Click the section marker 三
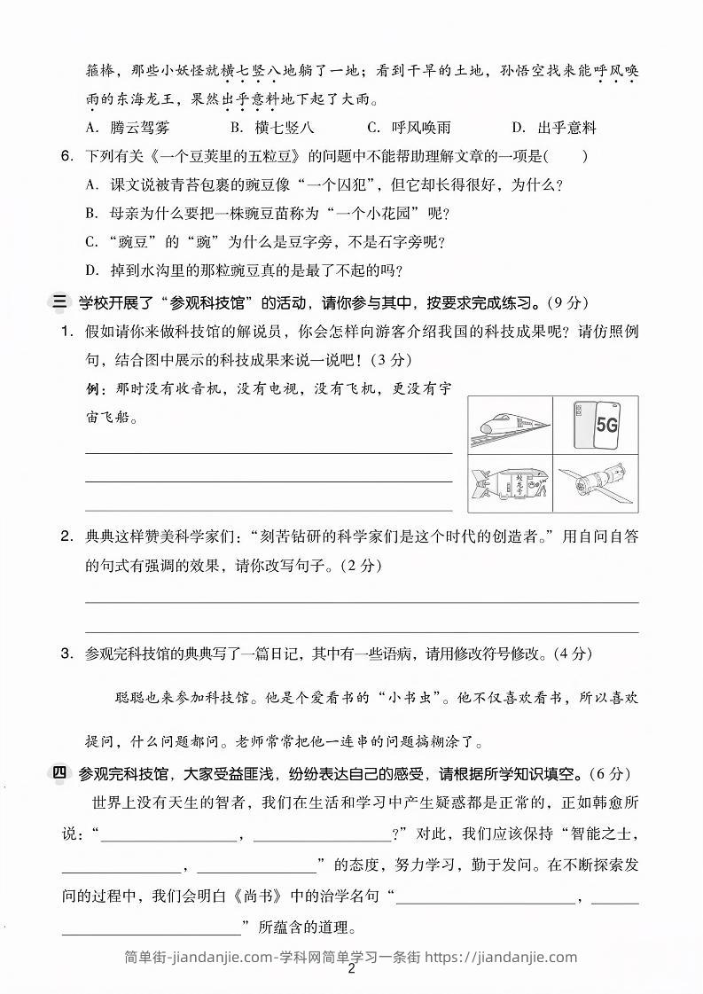[x=59, y=302]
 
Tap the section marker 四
[x=59, y=773]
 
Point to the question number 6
[x=66, y=157]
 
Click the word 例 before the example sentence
[x=92, y=388]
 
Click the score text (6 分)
[x=611, y=773]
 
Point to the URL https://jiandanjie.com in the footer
[x=501, y=957]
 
